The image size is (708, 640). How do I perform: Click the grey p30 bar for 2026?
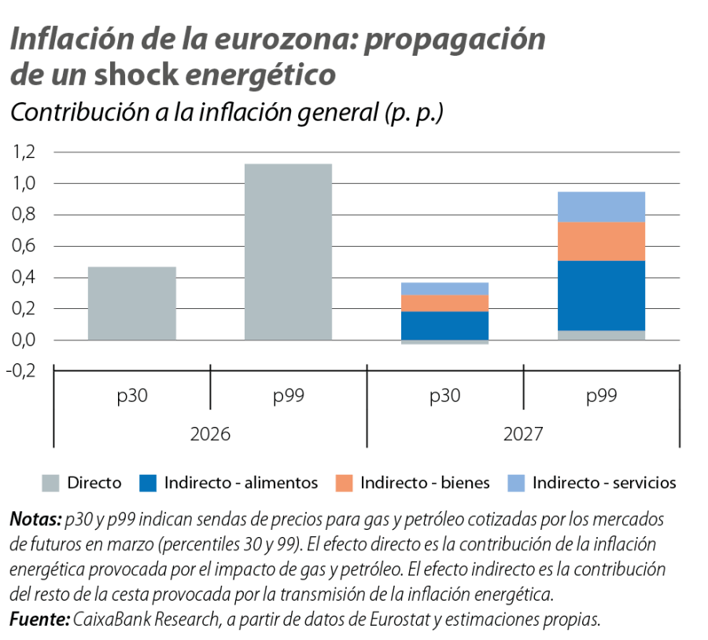coord(132,303)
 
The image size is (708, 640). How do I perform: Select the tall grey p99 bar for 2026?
coord(288,252)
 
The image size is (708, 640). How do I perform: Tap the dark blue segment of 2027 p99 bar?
coord(601,296)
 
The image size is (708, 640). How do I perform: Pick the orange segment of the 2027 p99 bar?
coord(601,241)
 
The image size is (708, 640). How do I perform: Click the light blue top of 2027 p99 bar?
coord(601,207)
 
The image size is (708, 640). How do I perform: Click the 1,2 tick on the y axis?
coord(26,152)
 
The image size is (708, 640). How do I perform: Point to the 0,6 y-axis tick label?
coord(26,246)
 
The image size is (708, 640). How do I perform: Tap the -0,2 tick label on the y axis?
coord(24,372)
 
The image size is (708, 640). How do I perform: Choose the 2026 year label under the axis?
coord(210,433)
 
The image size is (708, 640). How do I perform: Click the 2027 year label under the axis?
coord(523,433)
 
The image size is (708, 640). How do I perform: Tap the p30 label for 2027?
coord(444,396)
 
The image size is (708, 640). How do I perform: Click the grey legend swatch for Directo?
coord(50,483)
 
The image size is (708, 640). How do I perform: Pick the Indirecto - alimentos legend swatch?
coord(148,483)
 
